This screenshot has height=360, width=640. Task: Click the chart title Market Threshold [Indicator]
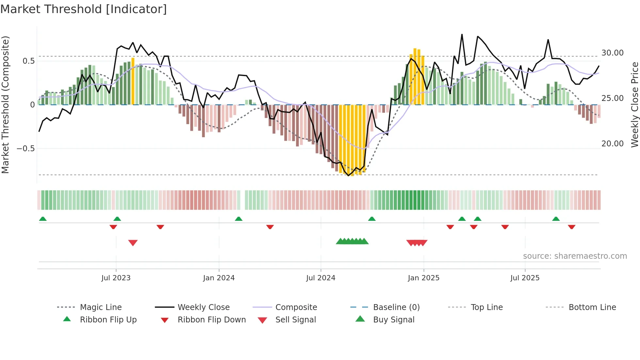(x=84, y=9)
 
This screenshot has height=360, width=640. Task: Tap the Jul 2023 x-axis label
(x=116, y=278)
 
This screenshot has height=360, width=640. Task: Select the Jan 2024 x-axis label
(x=219, y=278)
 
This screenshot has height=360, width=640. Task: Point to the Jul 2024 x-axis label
(x=321, y=278)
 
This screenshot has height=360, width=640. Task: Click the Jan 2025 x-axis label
(x=424, y=278)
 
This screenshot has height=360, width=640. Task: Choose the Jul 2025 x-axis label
(x=525, y=278)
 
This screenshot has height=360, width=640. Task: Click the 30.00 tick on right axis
(x=612, y=53)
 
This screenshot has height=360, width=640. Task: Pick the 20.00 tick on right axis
(x=612, y=144)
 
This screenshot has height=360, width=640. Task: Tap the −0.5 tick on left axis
(x=25, y=149)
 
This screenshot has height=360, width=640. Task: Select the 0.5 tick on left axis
(x=28, y=61)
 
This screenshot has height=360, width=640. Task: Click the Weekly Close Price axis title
(x=634, y=105)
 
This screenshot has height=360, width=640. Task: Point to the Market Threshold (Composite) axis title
(x=5, y=105)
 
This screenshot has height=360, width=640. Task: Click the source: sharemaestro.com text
(x=575, y=256)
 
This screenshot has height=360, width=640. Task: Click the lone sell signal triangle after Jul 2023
(x=133, y=243)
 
